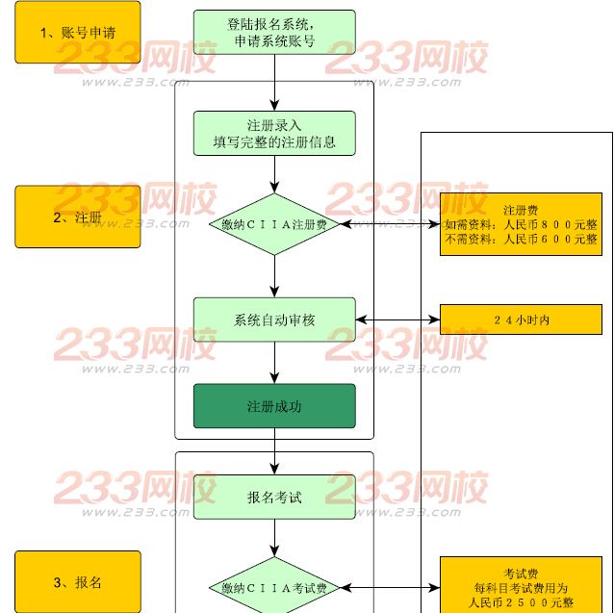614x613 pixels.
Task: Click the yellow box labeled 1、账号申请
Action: (77, 32)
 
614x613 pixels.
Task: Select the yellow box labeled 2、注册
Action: (77, 217)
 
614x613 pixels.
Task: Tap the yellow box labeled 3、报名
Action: (77, 581)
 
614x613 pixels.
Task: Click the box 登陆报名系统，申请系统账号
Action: (274, 32)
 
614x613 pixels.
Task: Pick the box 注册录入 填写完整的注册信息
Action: (274, 134)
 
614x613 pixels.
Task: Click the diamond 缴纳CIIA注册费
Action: (274, 224)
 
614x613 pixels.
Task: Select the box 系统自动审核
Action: (274, 319)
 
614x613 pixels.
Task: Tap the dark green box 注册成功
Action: (274, 406)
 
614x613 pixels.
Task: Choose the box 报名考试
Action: (274, 497)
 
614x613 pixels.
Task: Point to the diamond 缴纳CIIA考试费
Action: (274, 586)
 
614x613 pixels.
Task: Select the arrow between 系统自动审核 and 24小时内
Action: (397, 319)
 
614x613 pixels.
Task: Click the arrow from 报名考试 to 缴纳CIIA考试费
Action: (274, 538)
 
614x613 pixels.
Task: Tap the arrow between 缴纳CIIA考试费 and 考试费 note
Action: (389, 586)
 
